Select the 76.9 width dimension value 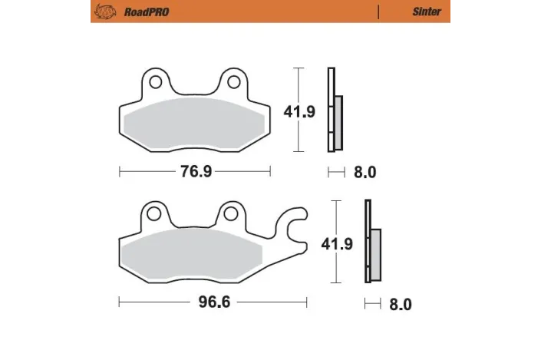click(x=196, y=172)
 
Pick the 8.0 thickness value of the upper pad click(x=365, y=173)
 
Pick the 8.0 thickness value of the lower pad click(x=400, y=304)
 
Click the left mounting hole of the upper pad click(x=155, y=81)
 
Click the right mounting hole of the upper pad click(x=230, y=81)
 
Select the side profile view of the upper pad click(x=334, y=111)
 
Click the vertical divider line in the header click(x=378, y=12)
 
